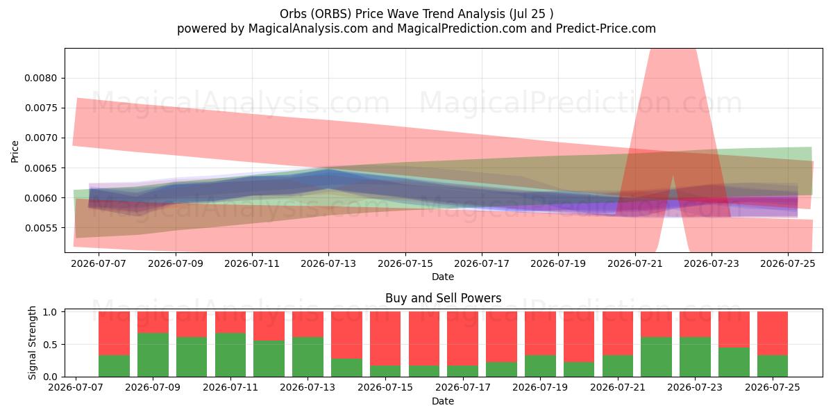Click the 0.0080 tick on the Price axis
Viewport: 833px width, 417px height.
coord(40,78)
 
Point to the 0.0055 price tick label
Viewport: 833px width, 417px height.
coord(40,228)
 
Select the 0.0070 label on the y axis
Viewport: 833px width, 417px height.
coord(40,138)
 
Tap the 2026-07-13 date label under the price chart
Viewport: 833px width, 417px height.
coord(328,263)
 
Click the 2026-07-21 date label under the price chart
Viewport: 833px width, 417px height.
coord(635,263)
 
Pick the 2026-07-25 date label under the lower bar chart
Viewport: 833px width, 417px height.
coord(773,387)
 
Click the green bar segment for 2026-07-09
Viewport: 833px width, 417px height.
coord(153,355)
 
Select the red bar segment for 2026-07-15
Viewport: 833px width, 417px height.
coord(385,338)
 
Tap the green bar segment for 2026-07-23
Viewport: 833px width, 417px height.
coord(695,357)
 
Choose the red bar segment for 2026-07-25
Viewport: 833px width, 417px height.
coord(773,334)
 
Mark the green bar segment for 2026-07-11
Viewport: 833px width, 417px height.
coord(230,355)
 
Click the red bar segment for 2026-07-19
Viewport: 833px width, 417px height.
coord(540,334)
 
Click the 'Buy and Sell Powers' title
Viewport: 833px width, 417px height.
coord(444,298)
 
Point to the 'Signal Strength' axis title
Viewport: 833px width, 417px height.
coord(33,343)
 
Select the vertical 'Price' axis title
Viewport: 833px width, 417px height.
coord(15,152)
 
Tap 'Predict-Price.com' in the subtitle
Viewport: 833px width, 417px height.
coord(606,28)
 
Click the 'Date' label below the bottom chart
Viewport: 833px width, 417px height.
coord(443,401)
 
